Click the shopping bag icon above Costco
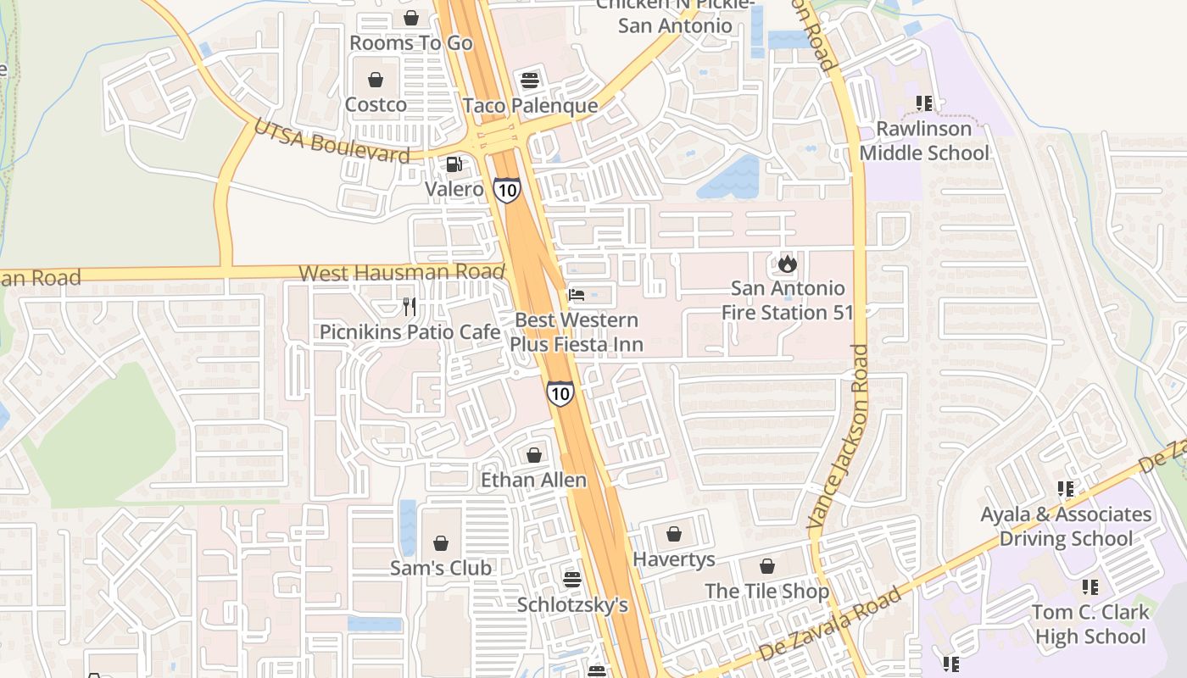tap(376, 80)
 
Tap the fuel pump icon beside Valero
tap(454, 164)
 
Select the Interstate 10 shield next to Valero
tap(506, 190)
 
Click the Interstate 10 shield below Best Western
tap(560, 392)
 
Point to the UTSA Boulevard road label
tap(332, 142)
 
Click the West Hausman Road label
tap(402, 273)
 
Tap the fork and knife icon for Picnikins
tap(410, 306)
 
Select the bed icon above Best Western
tap(577, 295)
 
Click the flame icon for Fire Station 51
tap(788, 264)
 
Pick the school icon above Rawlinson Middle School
tap(924, 103)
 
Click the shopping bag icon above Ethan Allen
tap(534, 455)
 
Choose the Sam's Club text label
tap(441, 568)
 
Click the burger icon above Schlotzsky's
tap(572, 579)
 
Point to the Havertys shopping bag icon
tap(674, 534)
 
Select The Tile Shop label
tap(767, 591)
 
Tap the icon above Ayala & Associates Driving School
tap(1066, 489)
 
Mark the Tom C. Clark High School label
tap(1090, 624)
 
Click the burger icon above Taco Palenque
tap(531, 81)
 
